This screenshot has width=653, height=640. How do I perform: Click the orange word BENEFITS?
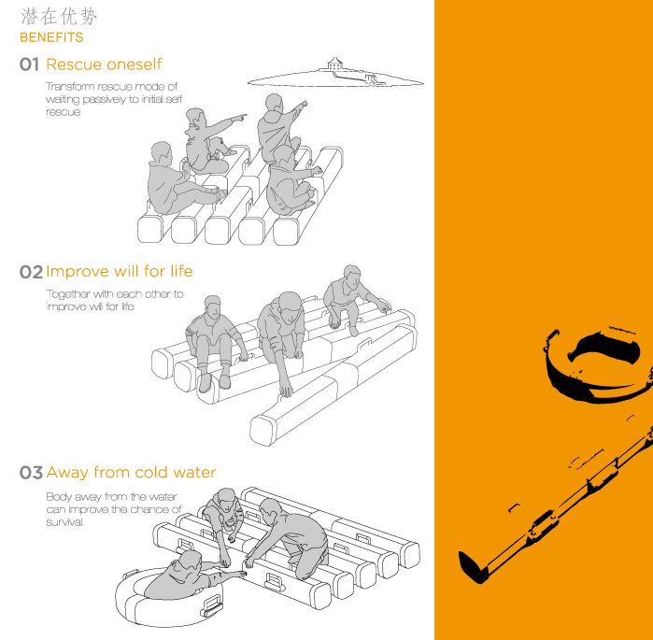(x=51, y=37)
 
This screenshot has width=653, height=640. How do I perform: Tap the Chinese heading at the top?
(x=59, y=17)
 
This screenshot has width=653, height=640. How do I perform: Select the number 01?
(x=29, y=64)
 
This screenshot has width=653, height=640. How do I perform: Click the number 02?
(x=31, y=272)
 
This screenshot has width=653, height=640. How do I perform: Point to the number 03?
(x=31, y=473)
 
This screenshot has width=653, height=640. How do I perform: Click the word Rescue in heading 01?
(x=74, y=64)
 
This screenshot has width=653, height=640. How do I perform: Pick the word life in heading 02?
(x=181, y=271)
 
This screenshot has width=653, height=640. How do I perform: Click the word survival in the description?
(x=65, y=521)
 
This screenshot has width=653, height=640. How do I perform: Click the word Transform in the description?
(x=70, y=87)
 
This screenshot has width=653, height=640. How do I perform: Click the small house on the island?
(x=334, y=64)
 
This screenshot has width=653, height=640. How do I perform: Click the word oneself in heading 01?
(x=134, y=64)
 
